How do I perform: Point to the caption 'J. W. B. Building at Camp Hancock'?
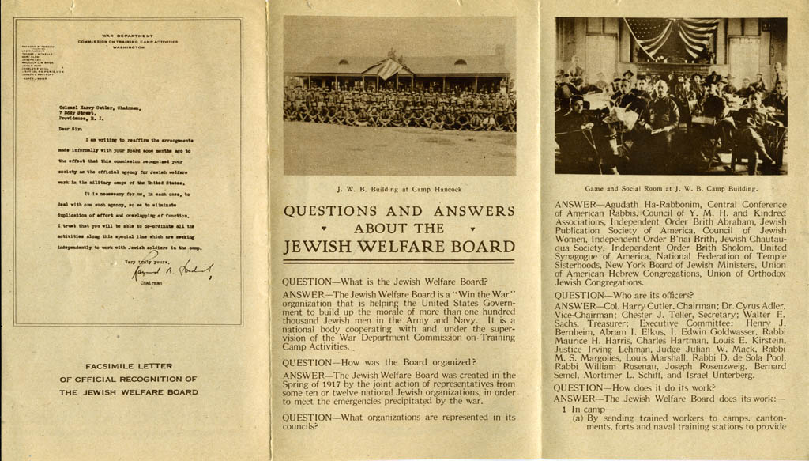pos(399,189)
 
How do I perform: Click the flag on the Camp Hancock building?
pos(389,69)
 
